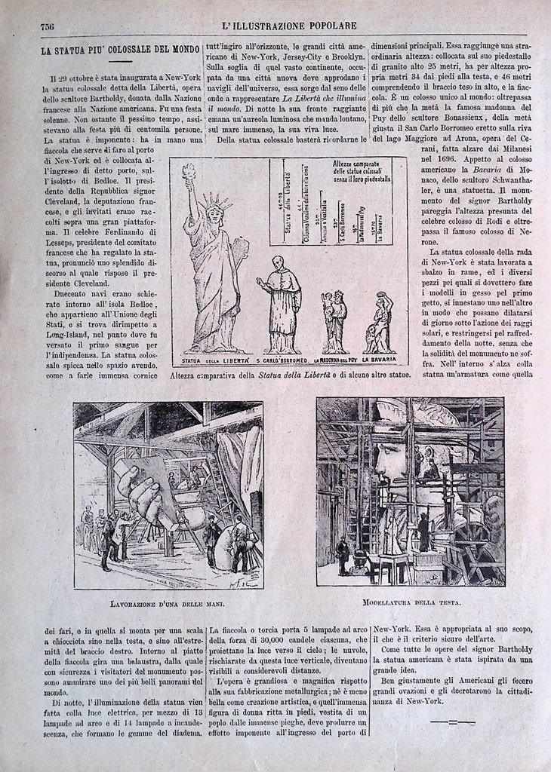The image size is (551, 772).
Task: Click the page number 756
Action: tap(47, 25)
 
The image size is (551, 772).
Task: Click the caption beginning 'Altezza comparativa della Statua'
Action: tap(289, 375)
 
